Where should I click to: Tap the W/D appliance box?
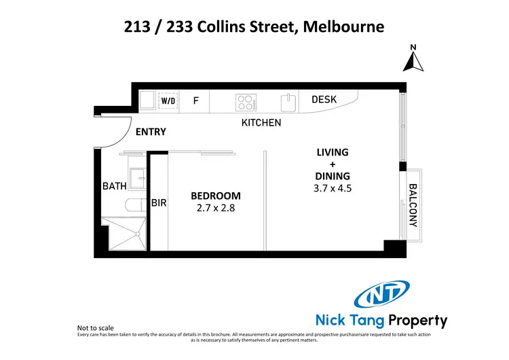[167, 101]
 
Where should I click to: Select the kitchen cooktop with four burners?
[246, 102]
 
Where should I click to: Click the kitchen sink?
[288, 102]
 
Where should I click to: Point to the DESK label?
[324, 100]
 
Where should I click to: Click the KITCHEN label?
[261, 123]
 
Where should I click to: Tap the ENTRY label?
[151, 132]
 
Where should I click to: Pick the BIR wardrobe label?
[159, 202]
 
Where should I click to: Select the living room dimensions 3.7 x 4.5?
[333, 189]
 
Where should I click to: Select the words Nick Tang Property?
[381, 321]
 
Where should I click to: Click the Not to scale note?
[97, 327]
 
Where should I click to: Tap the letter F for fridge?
[195, 101]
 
